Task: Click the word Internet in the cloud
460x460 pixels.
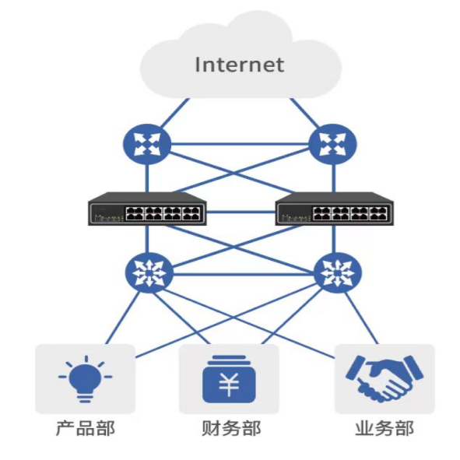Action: [240, 65]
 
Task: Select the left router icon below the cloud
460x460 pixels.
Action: [147, 144]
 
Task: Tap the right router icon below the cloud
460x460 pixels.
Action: [333, 144]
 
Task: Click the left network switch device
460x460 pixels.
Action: [147, 209]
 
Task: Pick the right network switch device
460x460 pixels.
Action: [335, 209]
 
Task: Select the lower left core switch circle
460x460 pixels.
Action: [149, 273]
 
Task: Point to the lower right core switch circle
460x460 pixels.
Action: [338, 273]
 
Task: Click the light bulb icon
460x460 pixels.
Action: [86, 379]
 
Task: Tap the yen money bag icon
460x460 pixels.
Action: [229, 379]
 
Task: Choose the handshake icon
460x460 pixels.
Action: [385, 379]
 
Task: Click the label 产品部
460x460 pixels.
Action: [86, 429]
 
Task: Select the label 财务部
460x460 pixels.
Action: [231, 429]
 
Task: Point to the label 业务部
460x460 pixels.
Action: [385, 429]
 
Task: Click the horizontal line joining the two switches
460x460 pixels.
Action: [241, 212]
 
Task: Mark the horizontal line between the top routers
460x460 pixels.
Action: [240, 144]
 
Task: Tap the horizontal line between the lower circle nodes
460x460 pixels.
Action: [243, 274]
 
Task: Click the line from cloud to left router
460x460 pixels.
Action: [174, 113]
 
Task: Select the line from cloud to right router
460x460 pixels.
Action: [305, 113]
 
